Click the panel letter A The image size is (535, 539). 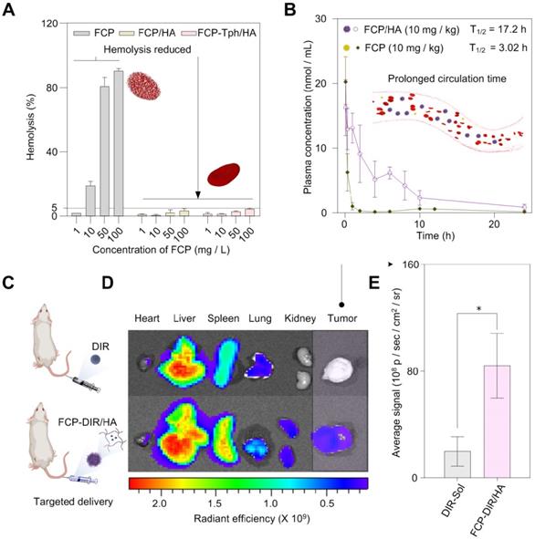(x=12, y=12)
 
